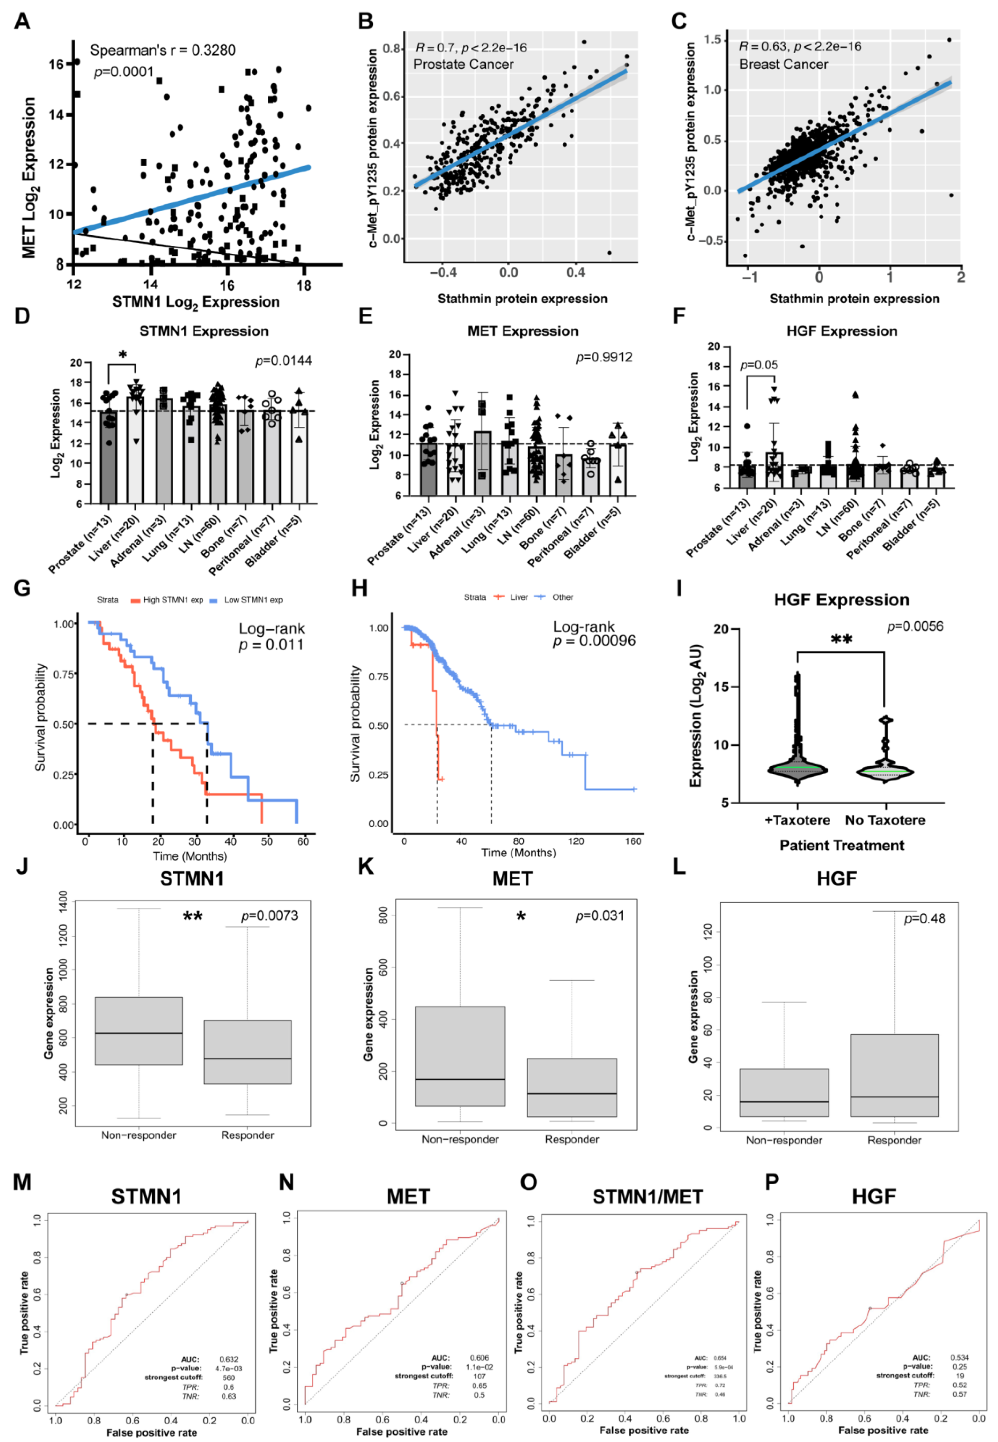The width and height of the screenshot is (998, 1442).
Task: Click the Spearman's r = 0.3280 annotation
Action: click(163, 50)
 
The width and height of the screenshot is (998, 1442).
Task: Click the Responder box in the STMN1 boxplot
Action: click(248, 1051)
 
